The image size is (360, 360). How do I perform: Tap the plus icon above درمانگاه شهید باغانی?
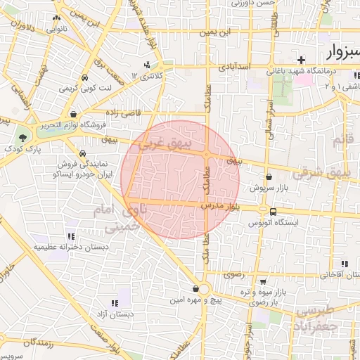point(302,60)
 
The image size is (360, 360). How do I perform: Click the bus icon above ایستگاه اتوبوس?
point(273,212)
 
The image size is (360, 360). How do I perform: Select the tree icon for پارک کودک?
point(23,138)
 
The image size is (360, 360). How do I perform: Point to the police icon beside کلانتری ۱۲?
point(146,65)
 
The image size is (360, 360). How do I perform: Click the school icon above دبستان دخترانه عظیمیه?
point(70,236)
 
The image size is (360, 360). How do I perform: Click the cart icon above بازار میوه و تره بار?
point(262,281)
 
